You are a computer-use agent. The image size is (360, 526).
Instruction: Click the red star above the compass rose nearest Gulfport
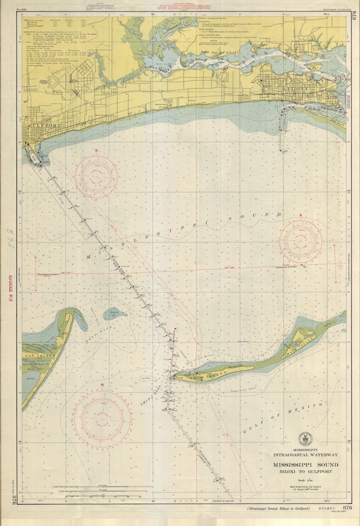[x=96, y=151]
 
